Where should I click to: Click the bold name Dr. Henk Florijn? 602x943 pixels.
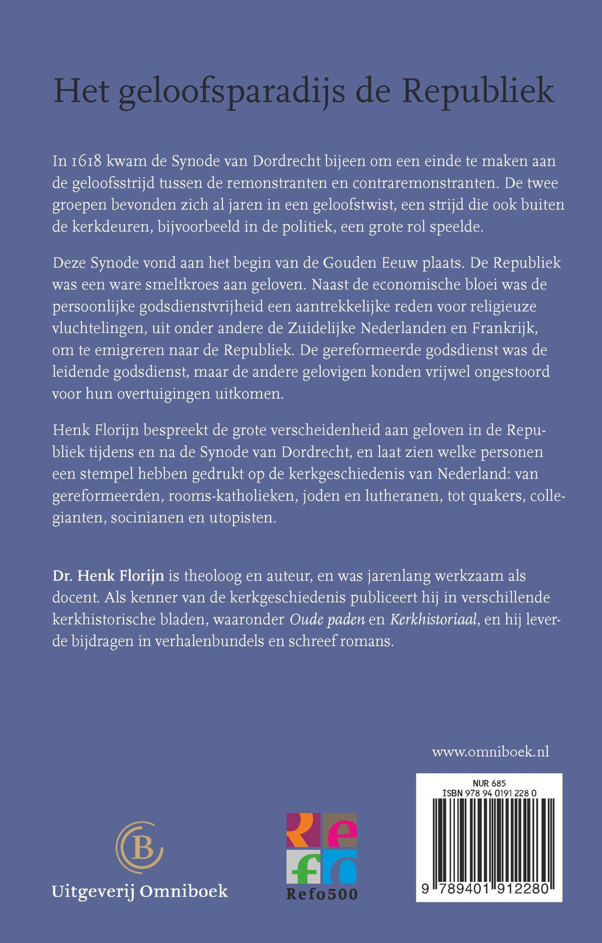[108, 576]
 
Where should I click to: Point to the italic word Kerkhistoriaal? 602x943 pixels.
[433, 619]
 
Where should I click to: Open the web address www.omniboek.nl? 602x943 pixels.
[490, 752]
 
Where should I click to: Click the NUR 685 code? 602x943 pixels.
[489, 783]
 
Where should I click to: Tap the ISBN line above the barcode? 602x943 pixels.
[489, 793]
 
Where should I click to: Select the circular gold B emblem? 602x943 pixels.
[139, 847]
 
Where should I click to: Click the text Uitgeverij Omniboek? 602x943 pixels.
[140, 891]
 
